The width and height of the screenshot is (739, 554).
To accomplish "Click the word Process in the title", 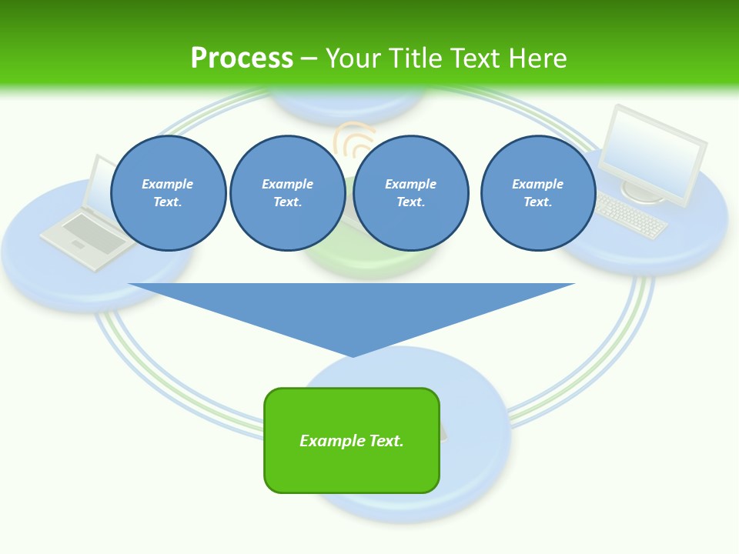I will coord(242,58).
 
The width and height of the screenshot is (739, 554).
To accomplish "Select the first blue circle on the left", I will coord(169,193).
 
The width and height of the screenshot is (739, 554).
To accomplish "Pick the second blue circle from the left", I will coord(287,193).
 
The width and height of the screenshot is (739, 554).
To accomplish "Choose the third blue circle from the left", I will coord(410,193).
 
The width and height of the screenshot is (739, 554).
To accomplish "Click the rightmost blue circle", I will coord(538,193).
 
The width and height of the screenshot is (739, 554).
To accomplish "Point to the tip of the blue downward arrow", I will coord(353,355).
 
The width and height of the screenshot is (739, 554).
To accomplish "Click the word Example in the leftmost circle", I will coord(168,184).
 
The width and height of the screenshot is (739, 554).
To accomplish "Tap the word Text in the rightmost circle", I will coord(537,202).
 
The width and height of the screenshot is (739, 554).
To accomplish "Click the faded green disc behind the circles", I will coord(369,258).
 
